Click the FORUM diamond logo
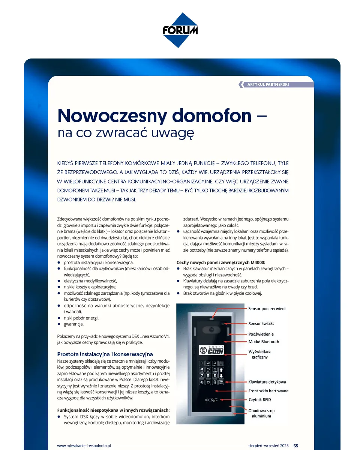(x=180, y=30)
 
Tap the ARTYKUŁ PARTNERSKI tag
(x=268, y=85)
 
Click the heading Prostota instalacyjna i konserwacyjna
(x=105, y=354)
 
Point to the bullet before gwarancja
(x=59, y=324)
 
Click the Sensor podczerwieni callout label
(x=267, y=309)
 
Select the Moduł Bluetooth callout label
(x=264, y=342)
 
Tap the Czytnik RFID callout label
(x=259, y=400)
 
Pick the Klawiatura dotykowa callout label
(x=267, y=382)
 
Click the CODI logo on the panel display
(x=212, y=350)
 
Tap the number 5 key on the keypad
(x=208, y=369)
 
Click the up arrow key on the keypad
(x=221, y=369)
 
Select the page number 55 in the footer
(x=295, y=445)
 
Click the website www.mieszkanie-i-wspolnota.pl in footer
(x=84, y=445)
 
